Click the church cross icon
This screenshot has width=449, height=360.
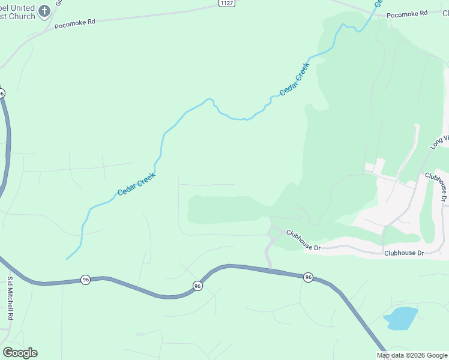click(44, 10)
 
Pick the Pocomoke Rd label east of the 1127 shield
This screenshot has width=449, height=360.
click(406, 13)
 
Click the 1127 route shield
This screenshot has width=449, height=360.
click(226, 3)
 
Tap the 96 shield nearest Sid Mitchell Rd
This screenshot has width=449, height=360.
click(86, 280)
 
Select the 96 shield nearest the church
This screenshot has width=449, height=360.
click(2, 93)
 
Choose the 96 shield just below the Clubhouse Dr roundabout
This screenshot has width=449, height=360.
click(308, 277)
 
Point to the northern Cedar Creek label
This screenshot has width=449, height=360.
click(294, 79)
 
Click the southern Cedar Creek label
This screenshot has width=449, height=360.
click(136, 184)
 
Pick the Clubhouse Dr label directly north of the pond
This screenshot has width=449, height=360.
click(404, 253)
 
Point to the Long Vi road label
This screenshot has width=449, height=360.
click(439, 142)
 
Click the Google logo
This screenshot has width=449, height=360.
click(20, 353)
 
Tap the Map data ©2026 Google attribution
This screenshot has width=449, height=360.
click(412, 355)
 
